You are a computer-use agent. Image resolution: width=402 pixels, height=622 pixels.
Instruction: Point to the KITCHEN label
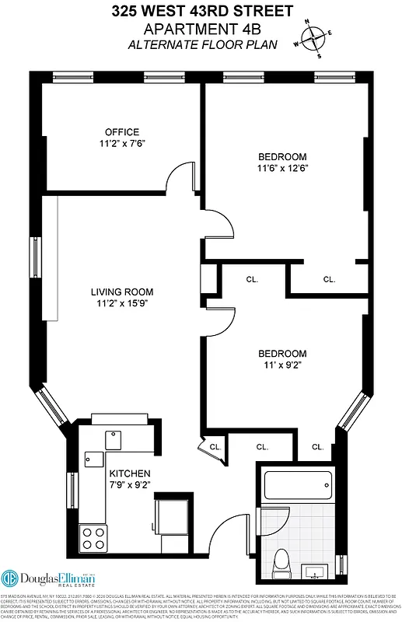pos(129,473)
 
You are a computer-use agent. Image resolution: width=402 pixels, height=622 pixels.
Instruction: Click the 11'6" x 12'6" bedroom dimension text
pos(282,167)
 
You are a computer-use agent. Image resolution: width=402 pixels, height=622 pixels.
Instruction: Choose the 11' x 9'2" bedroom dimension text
pos(282,364)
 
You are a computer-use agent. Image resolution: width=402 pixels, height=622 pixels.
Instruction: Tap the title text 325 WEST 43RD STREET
pos(201,11)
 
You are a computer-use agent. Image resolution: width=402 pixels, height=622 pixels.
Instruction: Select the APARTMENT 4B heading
pos(201,28)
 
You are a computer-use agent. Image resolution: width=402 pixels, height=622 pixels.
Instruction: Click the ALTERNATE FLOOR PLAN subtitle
pos(201,44)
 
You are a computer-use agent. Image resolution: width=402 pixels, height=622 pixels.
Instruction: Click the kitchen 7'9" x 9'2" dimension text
pos(129,484)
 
